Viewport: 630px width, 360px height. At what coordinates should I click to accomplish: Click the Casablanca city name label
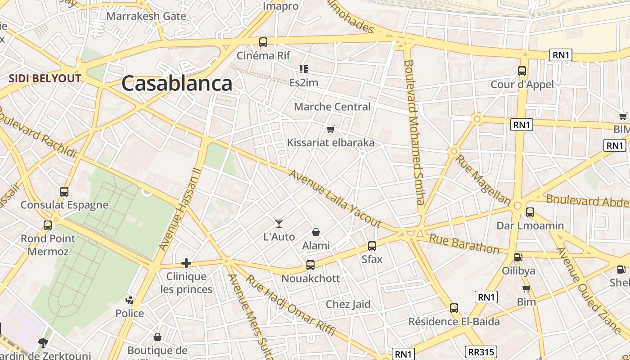click(177, 84)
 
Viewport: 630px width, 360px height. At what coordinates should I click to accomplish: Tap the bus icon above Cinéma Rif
click(263, 42)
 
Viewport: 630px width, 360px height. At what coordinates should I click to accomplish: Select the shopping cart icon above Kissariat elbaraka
click(331, 130)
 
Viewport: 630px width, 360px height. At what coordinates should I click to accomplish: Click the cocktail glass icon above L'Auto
click(279, 223)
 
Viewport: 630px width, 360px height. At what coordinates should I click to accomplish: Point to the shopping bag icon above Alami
click(316, 232)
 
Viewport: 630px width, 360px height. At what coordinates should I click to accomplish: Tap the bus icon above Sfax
click(372, 246)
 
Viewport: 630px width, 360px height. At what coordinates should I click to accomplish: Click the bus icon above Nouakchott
click(310, 265)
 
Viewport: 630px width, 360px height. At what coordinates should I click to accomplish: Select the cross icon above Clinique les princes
click(186, 263)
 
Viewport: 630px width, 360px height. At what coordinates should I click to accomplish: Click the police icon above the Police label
click(130, 300)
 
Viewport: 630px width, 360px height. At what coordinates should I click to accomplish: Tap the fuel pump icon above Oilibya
click(518, 257)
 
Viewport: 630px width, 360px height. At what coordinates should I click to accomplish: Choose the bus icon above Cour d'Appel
click(522, 71)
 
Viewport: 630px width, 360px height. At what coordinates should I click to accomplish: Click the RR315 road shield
click(481, 352)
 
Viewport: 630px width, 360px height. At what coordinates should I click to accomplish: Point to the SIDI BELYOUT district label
click(45, 79)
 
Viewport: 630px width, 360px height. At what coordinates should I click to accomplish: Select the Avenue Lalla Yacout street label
click(335, 198)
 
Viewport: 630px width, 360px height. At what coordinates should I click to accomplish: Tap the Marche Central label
click(332, 107)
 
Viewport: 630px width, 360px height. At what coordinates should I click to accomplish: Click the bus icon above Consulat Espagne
click(64, 192)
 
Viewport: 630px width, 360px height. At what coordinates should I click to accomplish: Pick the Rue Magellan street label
click(483, 180)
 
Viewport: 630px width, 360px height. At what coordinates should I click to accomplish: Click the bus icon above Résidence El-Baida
click(454, 308)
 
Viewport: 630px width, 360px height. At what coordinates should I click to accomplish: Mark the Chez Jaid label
click(348, 304)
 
